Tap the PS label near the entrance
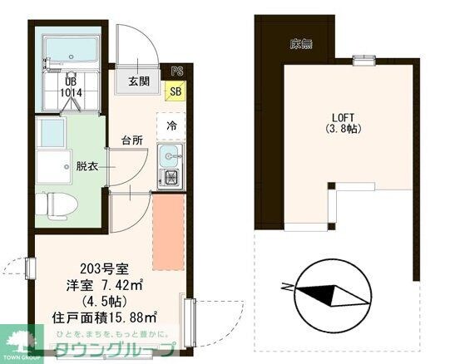176,72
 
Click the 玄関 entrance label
139,81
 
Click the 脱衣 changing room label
88,165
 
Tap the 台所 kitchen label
131,139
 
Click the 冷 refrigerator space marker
171,126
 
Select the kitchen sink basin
171,155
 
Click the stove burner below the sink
171,178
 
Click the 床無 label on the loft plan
300,44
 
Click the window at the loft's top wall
361,59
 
